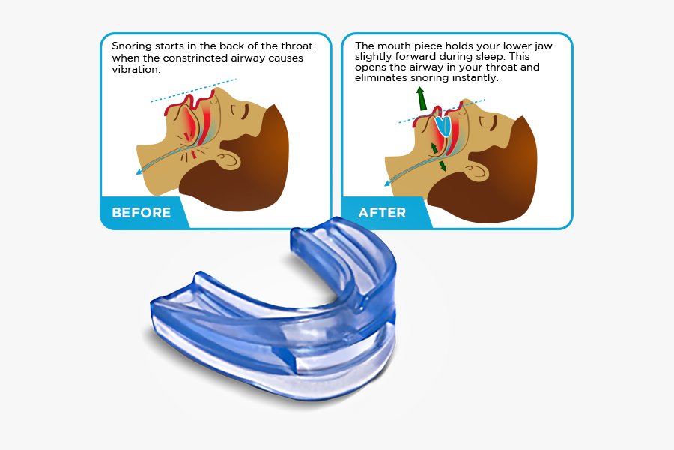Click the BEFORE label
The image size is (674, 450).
(x=141, y=213)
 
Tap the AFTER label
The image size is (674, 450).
(x=382, y=213)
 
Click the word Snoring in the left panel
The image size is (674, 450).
(x=131, y=46)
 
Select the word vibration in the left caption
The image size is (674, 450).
(x=136, y=69)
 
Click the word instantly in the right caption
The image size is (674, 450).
(x=471, y=77)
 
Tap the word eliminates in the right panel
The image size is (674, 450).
(x=382, y=77)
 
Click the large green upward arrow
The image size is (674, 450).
(x=422, y=97)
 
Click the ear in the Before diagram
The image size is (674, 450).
(x=229, y=158)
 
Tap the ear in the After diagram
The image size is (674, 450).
(x=477, y=169)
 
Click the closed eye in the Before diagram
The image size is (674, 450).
(x=242, y=112)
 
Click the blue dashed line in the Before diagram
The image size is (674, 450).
(x=193, y=89)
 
